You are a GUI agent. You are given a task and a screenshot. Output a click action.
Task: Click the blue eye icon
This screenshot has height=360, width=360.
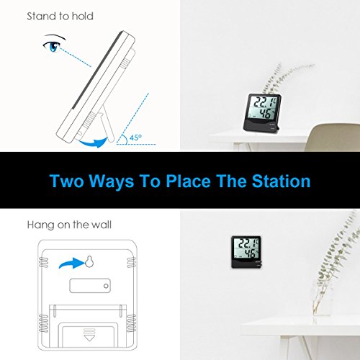click(x=53, y=46)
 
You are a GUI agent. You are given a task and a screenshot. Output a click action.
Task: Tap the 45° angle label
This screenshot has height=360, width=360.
click(x=135, y=138)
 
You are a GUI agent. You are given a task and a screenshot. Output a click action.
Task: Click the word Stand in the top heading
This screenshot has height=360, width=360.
click(x=42, y=17)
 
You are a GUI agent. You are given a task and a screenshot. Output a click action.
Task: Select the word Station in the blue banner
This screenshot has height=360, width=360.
click(x=281, y=181)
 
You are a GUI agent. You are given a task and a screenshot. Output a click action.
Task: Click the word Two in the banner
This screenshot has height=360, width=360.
click(x=67, y=181)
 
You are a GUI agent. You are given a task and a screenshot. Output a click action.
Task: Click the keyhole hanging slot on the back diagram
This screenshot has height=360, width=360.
click(x=89, y=261)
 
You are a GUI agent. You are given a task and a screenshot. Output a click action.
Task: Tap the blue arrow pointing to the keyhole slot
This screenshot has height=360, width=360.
click(x=71, y=264)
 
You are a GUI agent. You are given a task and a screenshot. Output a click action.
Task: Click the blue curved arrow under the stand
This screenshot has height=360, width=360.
click(x=94, y=143)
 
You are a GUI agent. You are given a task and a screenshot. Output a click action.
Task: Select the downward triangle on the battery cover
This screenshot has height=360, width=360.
click(x=89, y=338)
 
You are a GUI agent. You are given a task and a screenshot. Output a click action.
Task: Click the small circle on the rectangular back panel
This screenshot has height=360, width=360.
click(x=106, y=286)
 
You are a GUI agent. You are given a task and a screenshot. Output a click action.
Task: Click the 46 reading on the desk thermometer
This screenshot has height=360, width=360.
click(x=266, y=113)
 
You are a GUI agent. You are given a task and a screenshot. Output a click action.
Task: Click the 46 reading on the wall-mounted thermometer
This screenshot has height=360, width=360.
click(x=250, y=253)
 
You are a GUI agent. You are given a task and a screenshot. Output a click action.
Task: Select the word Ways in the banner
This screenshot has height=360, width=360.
click(x=112, y=181)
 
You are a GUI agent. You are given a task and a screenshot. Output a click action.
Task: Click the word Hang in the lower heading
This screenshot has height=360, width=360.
click(x=40, y=225)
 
